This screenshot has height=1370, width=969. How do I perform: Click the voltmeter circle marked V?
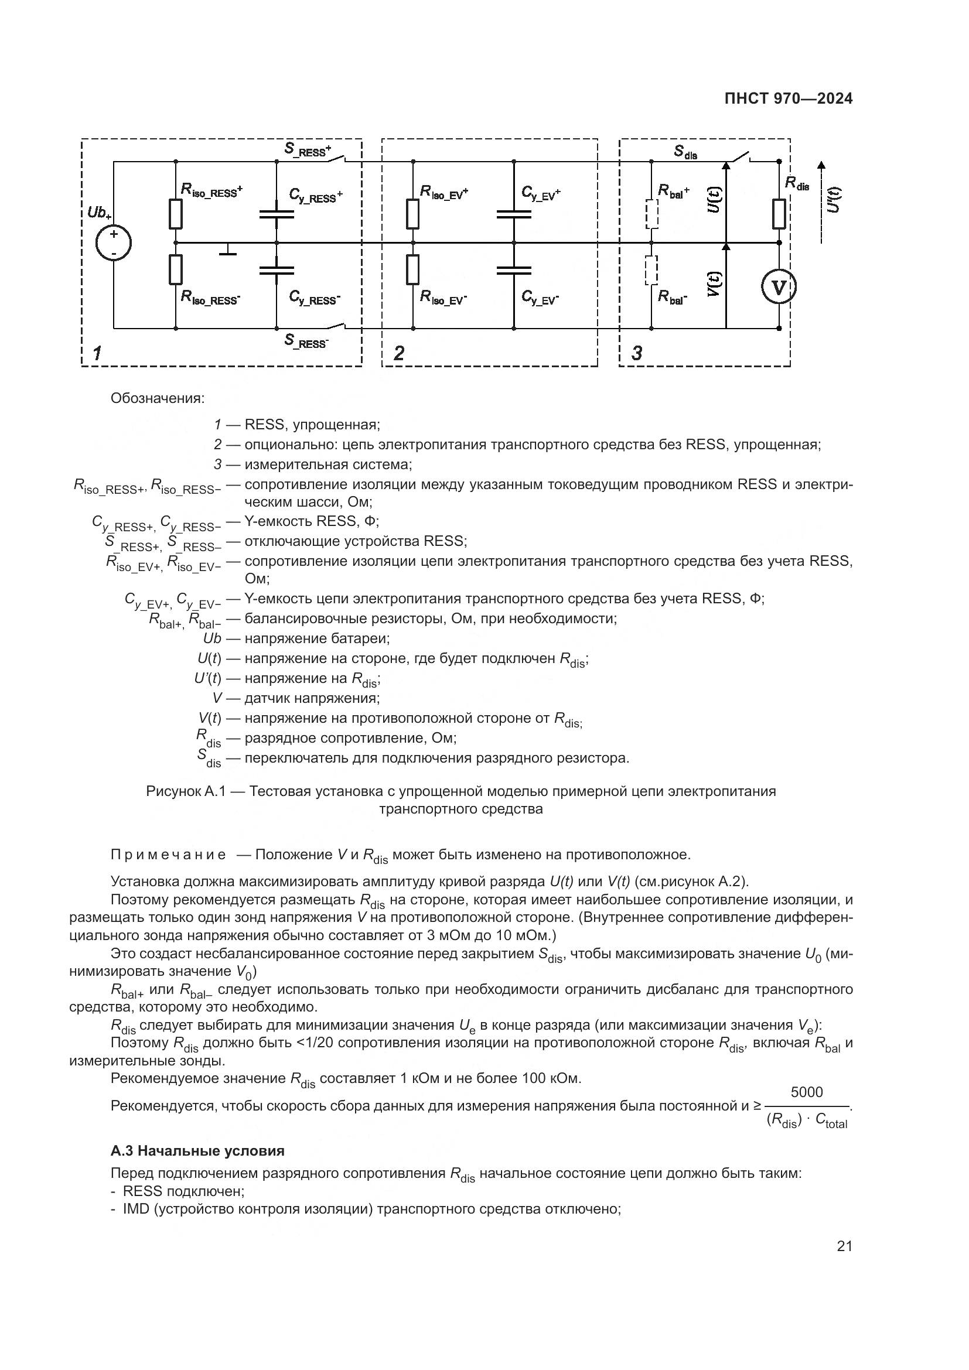coord(779,287)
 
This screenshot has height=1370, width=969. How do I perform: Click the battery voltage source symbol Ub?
coord(114,243)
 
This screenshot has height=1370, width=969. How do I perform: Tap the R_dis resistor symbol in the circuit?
coord(779,214)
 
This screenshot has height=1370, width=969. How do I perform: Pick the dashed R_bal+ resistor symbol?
coord(651,214)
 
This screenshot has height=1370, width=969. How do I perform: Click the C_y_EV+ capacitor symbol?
coord(514,214)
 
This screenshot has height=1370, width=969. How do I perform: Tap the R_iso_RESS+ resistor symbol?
coord(175,214)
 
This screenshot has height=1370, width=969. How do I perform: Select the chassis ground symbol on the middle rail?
coord(227,250)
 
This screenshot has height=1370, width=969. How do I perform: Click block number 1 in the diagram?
coord(97,353)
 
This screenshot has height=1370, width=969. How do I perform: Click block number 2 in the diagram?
coord(398,353)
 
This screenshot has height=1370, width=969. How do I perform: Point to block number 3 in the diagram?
coord(637,353)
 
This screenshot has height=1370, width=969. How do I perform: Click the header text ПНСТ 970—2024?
coord(788,99)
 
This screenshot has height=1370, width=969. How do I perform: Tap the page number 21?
coord(844,1246)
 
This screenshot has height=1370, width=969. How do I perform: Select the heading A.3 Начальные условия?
coord(197,1151)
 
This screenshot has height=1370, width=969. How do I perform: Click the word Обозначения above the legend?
coord(158,398)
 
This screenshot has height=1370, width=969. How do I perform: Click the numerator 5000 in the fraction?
coord(806,1092)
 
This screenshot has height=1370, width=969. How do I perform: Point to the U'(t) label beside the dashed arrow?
coord(835,199)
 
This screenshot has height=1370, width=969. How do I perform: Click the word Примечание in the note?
coord(168,855)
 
